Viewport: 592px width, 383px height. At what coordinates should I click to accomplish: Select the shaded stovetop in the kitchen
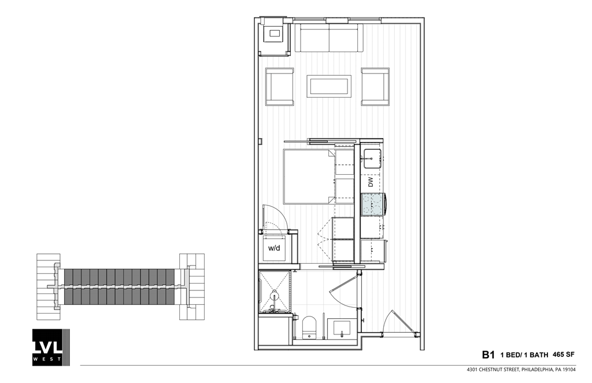pos(373,204)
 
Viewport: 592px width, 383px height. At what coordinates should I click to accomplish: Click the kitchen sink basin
pos(372,158)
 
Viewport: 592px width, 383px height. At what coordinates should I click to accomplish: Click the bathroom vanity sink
pos(342,327)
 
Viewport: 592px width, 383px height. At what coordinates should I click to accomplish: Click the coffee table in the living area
pos(329,86)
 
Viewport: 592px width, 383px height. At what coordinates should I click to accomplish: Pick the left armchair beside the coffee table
pos(280,86)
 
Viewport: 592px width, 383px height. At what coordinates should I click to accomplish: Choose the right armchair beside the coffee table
pos(376,86)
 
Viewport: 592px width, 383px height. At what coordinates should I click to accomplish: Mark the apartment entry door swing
pos(400,322)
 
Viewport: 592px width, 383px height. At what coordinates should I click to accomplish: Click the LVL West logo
pos(50,347)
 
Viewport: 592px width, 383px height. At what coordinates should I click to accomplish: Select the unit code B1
pos(489,354)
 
